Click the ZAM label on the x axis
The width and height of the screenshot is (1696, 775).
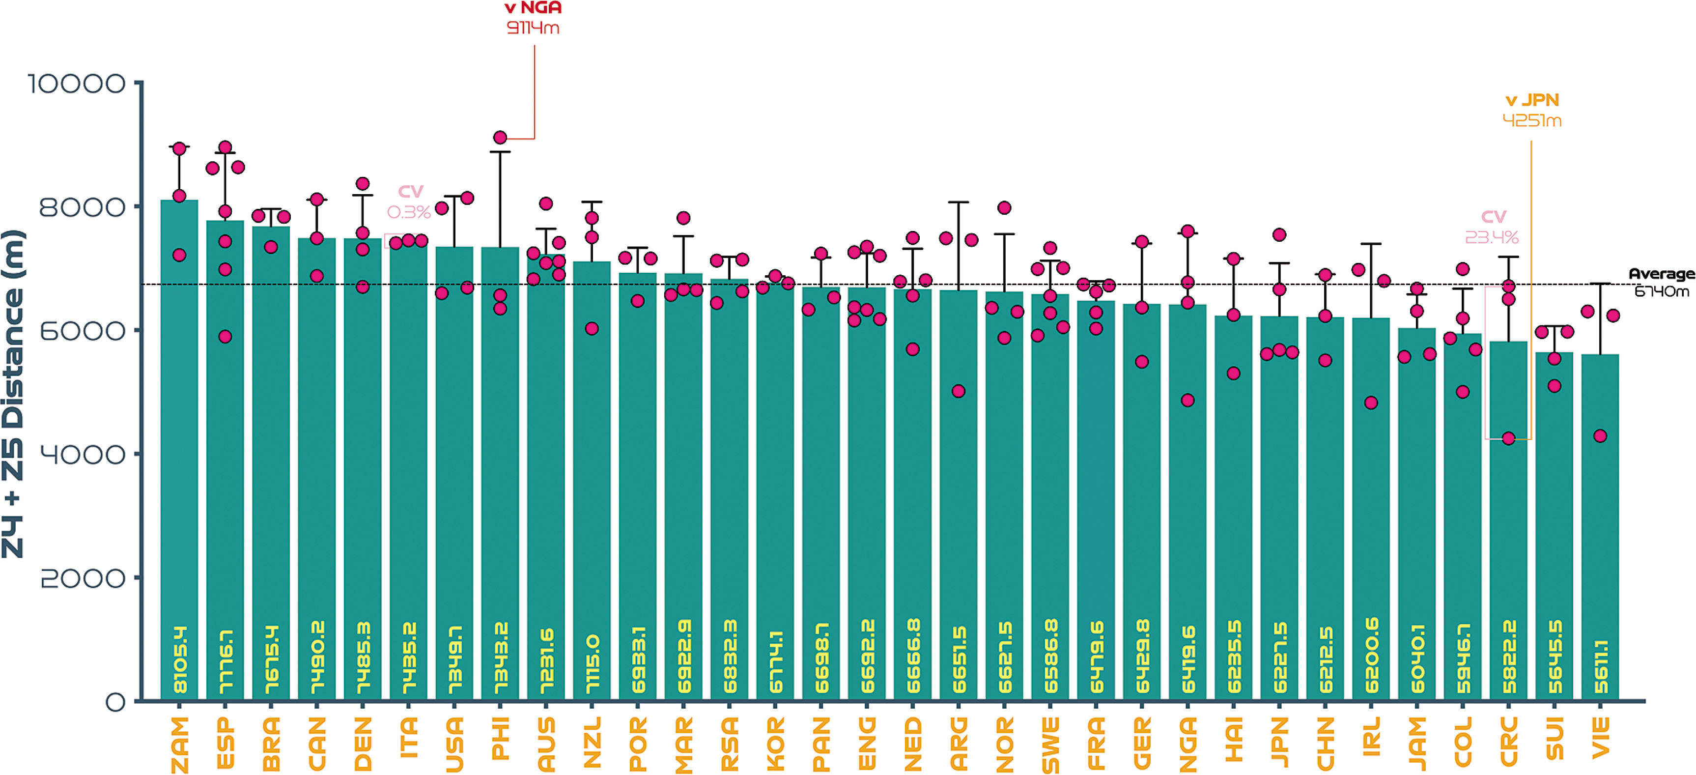pos(179,744)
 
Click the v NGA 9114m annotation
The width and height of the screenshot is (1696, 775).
pos(533,18)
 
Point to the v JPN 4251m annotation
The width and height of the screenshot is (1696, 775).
pos(1532,110)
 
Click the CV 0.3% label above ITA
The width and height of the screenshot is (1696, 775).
pos(409,201)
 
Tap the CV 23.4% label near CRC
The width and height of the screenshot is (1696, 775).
pos(1492,227)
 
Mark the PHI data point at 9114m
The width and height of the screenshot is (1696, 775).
pos(500,138)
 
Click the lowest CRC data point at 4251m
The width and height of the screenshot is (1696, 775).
pos(1508,438)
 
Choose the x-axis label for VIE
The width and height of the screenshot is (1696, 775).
pos(1601,738)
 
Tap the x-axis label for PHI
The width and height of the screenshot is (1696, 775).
pos(500,738)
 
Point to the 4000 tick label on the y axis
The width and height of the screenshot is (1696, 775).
pos(83,454)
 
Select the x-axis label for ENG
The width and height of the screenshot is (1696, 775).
pos(867,743)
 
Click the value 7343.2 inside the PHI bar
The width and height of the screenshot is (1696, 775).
pos(500,659)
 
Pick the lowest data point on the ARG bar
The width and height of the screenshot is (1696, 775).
pos(959,391)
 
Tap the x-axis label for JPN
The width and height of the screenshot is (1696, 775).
pos(1279,742)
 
